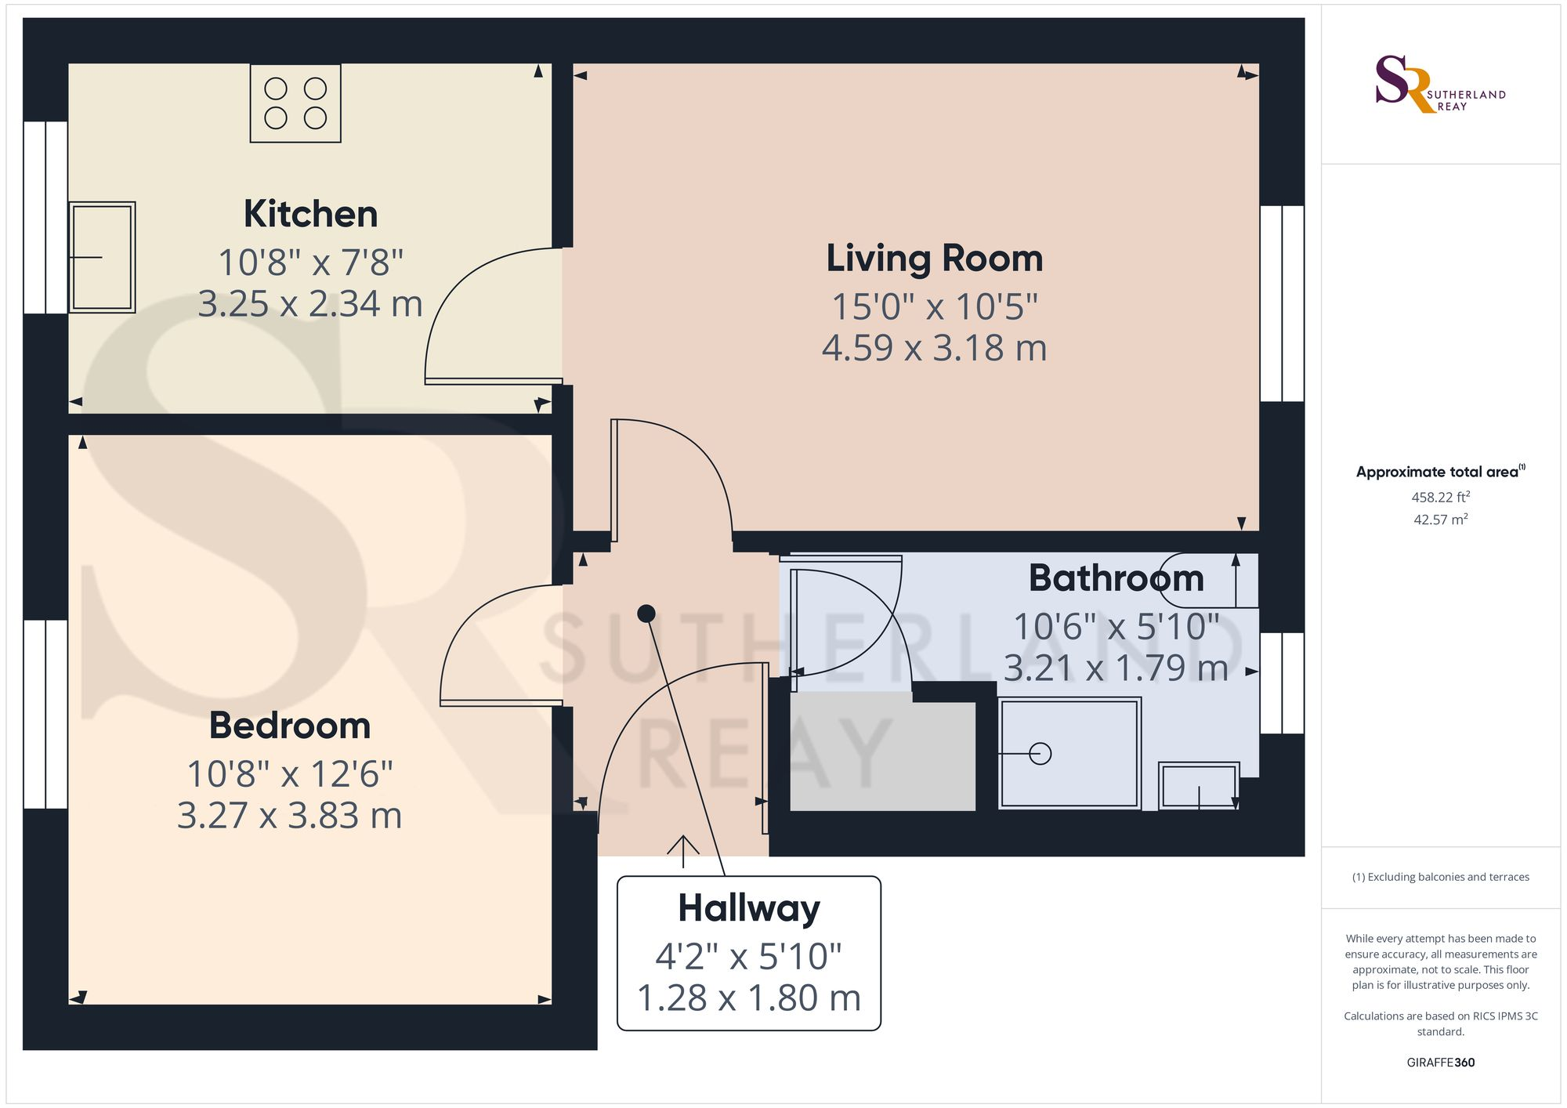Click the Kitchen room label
[x=310, y=214]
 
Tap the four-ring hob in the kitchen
[x=295, y=103]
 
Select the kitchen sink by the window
[x=102, y=257]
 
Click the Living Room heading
[x=935, y=259]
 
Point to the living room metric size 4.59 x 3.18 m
[x=935, y=348]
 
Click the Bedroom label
[x=290, y=726]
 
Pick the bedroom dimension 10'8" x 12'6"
[x=290, y=774]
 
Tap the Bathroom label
[x=1116, y=578]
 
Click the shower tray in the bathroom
[x=1069, y=753]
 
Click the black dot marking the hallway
[x=646, y=614]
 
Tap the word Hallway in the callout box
[x=749, y=909]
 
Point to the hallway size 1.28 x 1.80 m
[x=749, y=998]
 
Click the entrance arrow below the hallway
[x=683, y=851]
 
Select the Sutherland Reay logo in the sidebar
[x=1440, y=84]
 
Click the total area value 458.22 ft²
[x=1440, y=497]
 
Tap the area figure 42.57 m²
[x=1440, y=520]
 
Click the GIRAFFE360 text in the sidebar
[x=1441, y=1063]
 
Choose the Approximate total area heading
[x=1441, y=472]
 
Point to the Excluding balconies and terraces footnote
[x=1441, y=877]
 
